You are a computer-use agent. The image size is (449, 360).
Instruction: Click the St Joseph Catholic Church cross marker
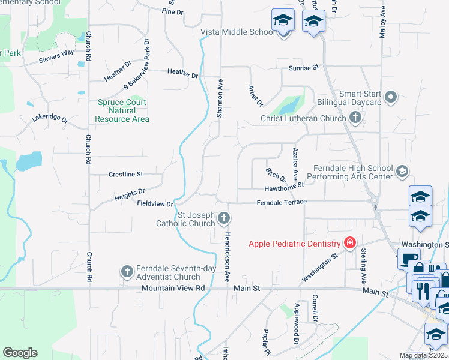224,218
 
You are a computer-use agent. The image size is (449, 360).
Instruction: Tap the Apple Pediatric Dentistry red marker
349,244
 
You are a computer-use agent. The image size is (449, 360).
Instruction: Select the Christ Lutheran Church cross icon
355,118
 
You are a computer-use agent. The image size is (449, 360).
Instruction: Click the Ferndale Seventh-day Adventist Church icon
127,272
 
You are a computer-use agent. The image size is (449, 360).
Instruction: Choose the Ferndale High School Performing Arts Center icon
402,172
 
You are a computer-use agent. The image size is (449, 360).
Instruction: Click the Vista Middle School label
238,32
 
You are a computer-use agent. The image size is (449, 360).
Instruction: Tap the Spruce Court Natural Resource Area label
122,110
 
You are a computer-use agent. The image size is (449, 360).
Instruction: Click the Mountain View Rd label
173,289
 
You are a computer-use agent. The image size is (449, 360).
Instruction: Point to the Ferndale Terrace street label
282,203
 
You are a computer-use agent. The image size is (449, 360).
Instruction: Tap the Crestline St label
126,175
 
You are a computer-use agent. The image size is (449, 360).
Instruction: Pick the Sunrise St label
303,68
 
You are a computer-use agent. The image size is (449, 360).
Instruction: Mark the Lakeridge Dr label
50,118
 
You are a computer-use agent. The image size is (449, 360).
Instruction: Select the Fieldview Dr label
155,204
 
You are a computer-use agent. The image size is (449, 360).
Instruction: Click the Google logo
20,353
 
